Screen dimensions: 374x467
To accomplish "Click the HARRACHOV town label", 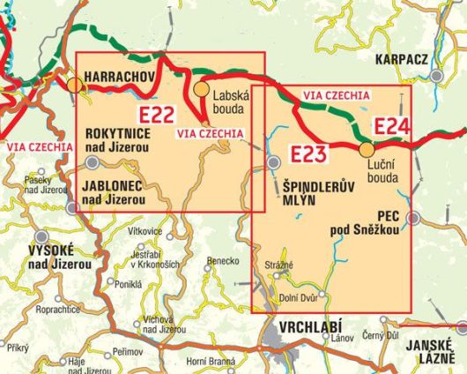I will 121,78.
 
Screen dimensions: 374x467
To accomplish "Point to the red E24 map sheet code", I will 391,127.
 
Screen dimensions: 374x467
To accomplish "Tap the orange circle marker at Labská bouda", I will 202,89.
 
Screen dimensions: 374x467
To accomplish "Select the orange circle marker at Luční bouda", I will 367,149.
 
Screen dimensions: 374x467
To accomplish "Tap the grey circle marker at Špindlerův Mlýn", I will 274,161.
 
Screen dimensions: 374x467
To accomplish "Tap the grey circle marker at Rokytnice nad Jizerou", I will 93,162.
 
